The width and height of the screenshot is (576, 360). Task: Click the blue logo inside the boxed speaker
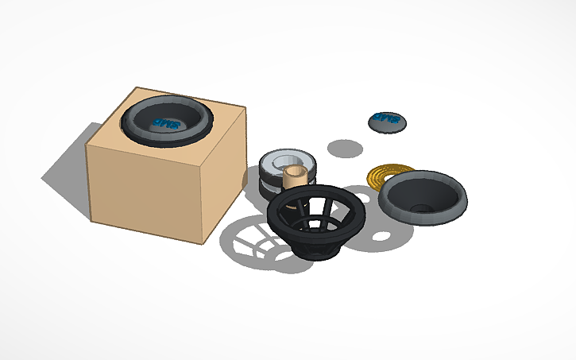click(x=167, y=123)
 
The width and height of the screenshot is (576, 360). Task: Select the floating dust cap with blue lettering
click(x=388, y=121)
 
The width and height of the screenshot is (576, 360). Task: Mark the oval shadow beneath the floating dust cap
click(x=346, y=148)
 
